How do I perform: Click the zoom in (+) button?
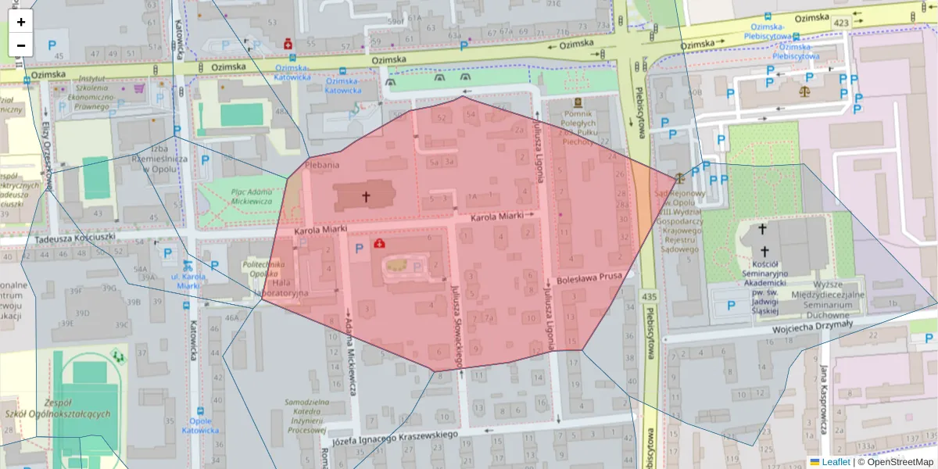pos(21,22)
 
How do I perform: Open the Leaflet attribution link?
pos(836,462)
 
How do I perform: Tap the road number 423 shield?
pos(840,23)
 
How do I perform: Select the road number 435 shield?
pos(650,296)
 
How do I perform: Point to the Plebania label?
pos(322,165)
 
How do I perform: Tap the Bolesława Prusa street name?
pos(590,280)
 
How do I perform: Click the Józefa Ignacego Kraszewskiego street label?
pos(394,437)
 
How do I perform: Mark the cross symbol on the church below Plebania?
pos(365,197)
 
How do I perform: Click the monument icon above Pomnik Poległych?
pos(578,103)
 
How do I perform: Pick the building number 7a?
pos(489,318)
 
